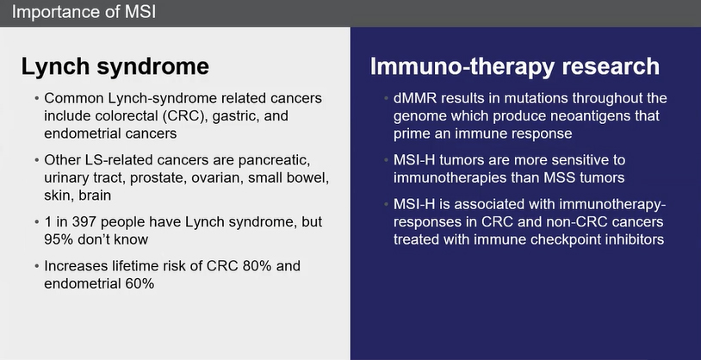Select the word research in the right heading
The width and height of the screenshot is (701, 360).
(611, 66)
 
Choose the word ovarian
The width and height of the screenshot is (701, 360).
(218, 177)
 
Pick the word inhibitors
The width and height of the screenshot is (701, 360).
(634, 239)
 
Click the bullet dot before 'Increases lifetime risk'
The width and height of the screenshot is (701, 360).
(37, 266)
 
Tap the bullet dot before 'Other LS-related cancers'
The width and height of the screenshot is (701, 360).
(37, 160)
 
